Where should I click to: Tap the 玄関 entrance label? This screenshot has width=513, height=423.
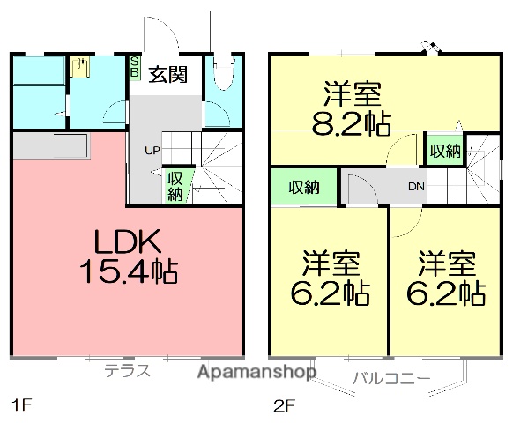pyautogui.click(x=167, y=75)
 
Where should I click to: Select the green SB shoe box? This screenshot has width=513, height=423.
pyautogui.click(x=135, y=67)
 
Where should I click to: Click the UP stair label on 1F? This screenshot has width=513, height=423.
pyautogui.click(x=152, y=150)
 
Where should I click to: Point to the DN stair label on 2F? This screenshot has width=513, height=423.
pyautogui.click(x=417, y=186)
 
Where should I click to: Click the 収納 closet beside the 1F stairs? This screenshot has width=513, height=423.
pyautogui.click(x=176, y=185)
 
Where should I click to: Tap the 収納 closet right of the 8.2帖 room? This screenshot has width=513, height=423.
pyautogui.click(x=445, y=151)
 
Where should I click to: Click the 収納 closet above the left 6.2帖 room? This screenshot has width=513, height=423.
pyautogui.click(x=304, y=187)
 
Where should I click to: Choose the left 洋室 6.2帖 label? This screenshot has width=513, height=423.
pyautogui.click(x=331, y=278)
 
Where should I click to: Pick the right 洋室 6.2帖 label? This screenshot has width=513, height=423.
pyautogui.click(x=448, y=278)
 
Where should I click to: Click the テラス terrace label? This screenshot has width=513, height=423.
pyautogui.click(x=128, y=370)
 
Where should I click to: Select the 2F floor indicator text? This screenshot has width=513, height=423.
pyautogui.click(x=282, y=405)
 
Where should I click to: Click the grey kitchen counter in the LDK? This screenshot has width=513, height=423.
pyautogui.click(x=50, y=145)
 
